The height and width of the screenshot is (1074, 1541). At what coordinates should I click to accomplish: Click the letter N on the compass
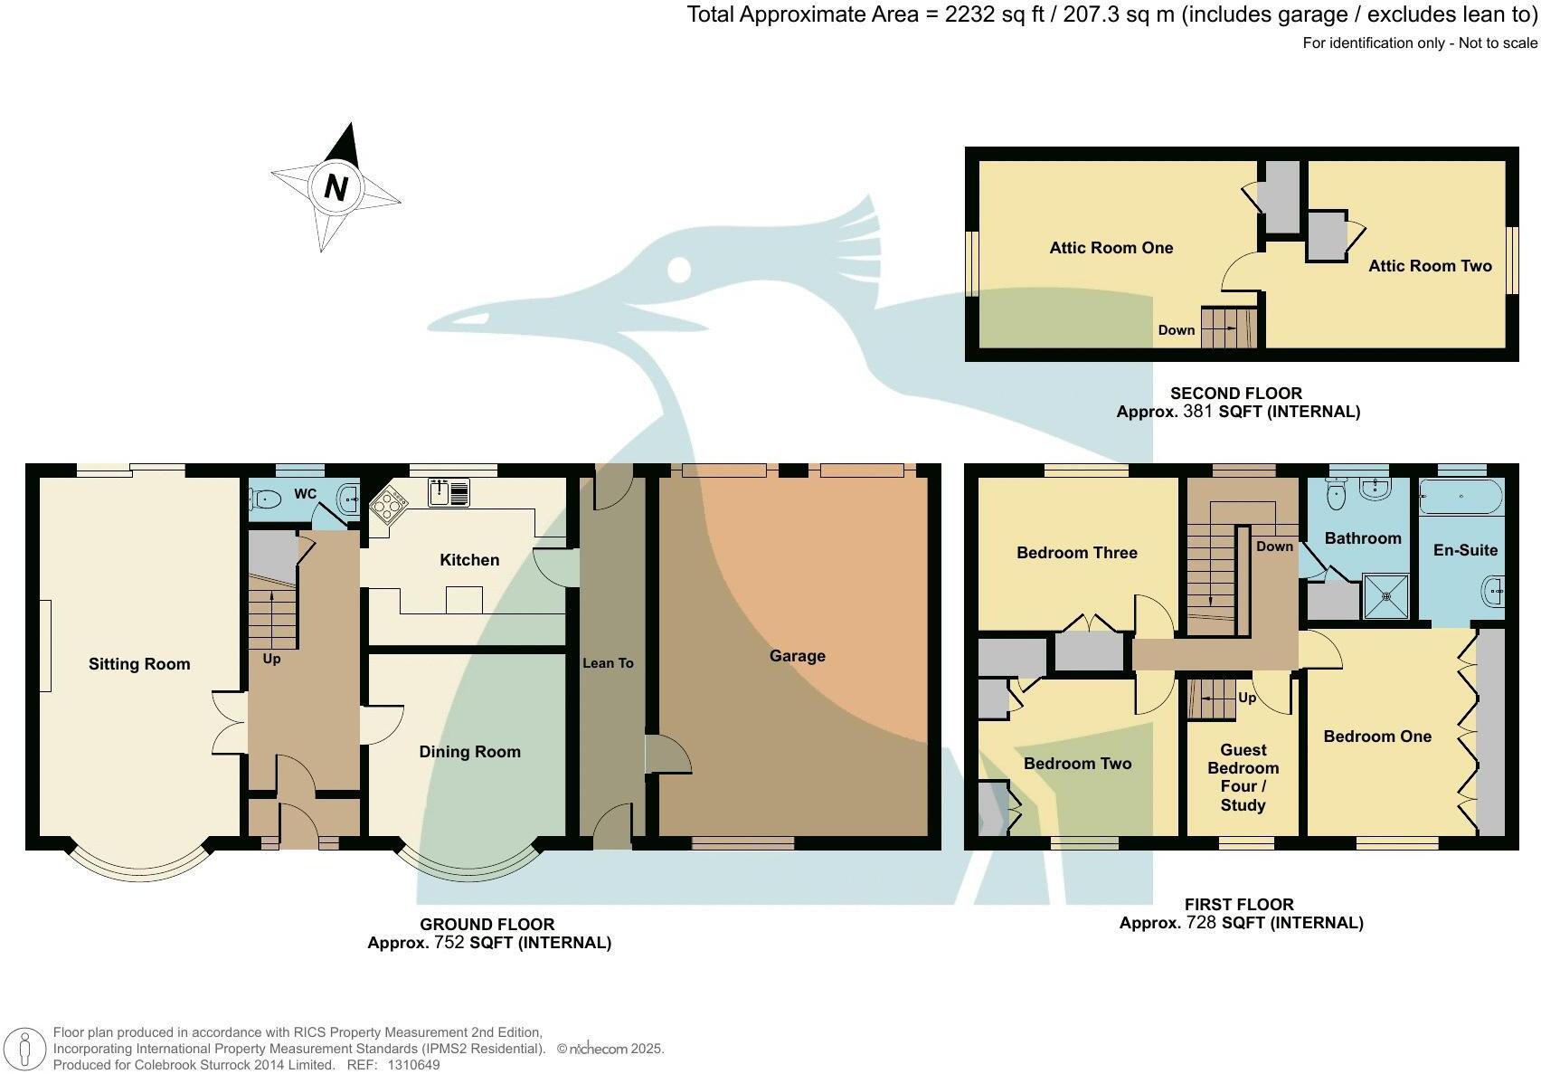tap(336, 188)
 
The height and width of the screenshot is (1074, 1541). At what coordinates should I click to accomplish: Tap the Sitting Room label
tap(139, 664)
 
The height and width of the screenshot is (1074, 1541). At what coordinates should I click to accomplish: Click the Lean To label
tap(608, 663)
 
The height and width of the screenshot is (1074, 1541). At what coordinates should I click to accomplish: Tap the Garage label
tap(797, 656)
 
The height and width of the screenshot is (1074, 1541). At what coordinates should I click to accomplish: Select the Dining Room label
tap(469, 752)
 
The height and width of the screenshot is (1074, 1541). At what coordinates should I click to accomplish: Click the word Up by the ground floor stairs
tap(271, 659)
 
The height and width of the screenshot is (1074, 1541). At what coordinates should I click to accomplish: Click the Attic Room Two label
tap(1430, 266)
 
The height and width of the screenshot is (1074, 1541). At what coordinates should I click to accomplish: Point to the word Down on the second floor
tap(1177, 330)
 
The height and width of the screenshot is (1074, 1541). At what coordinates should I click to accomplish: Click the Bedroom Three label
tap(1076, 553)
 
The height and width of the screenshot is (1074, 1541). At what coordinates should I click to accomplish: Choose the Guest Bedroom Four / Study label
tap(1243, 777)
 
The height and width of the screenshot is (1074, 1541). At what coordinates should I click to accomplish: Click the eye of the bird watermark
tap(678, 269)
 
